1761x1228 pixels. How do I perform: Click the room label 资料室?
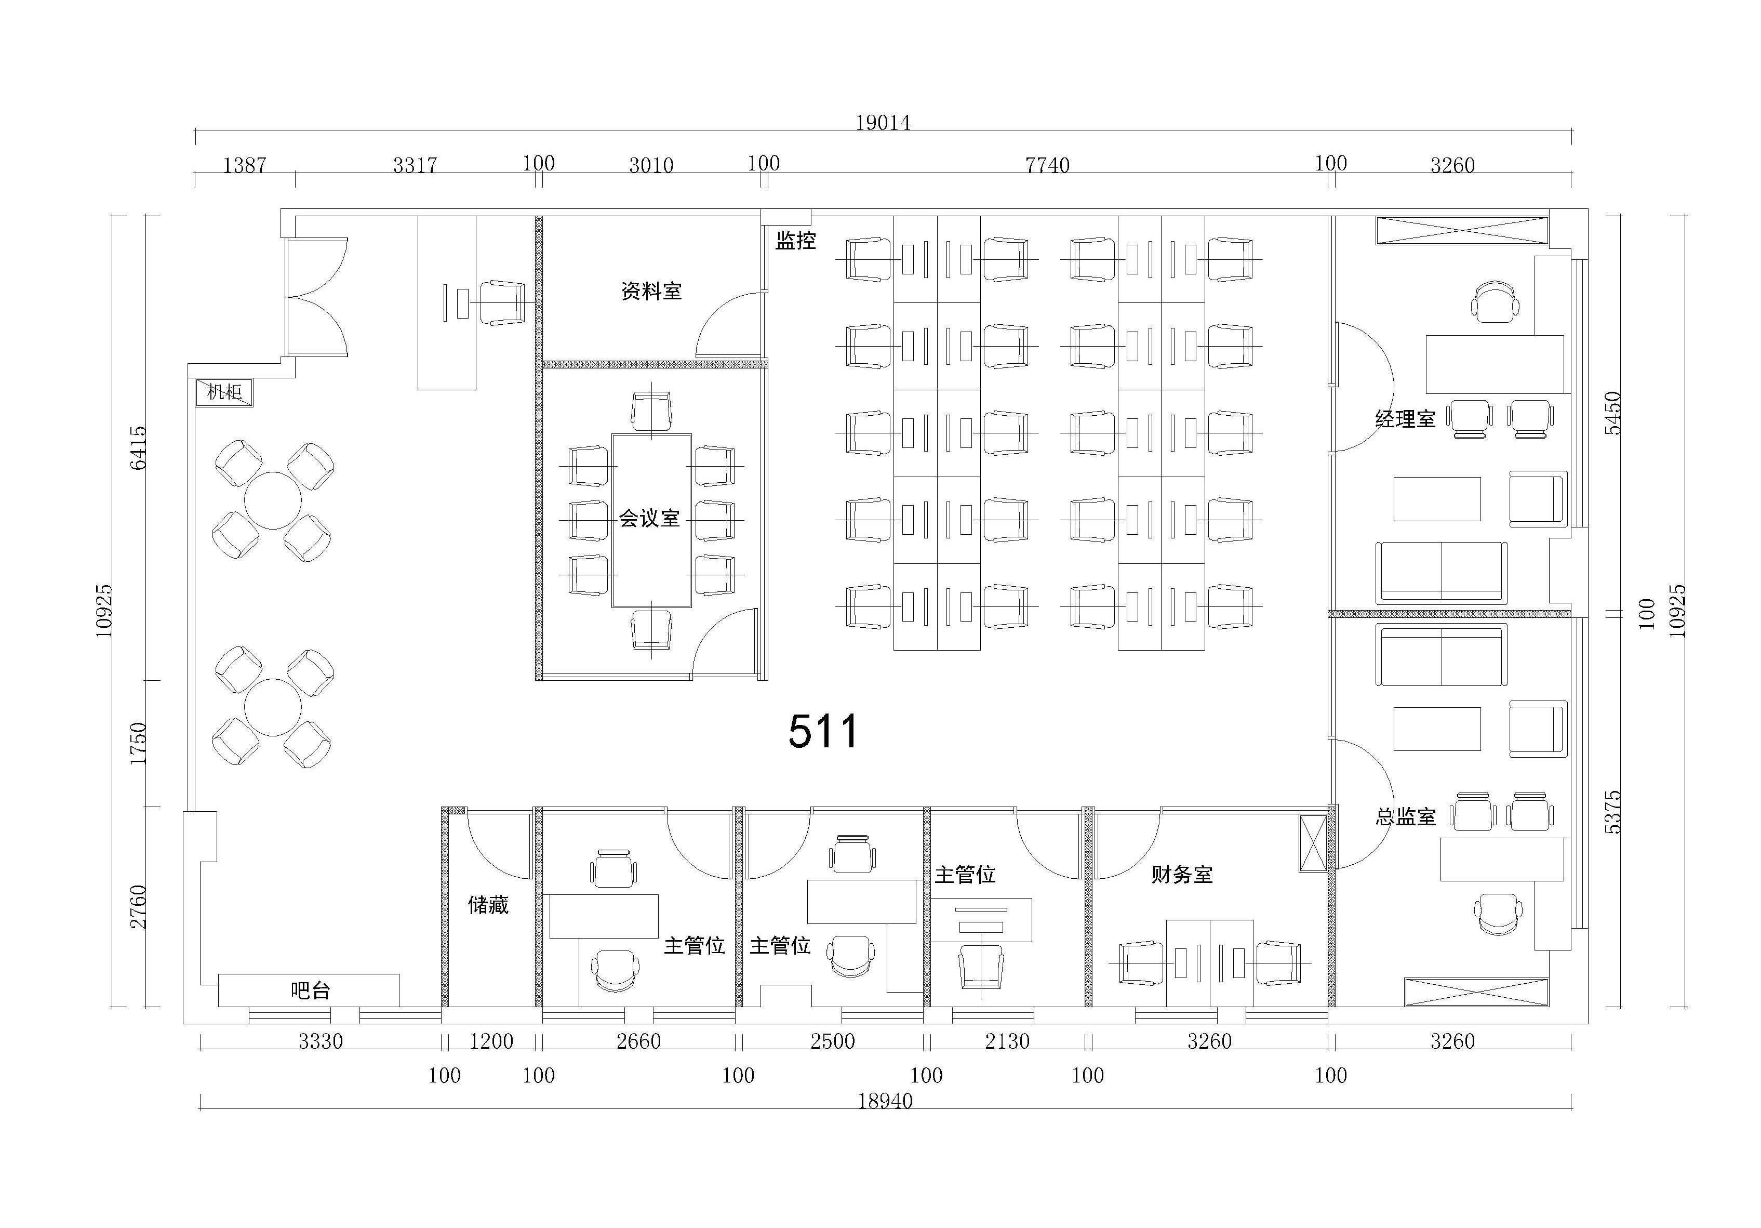point(651,292)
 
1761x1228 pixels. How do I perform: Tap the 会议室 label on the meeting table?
point(650,519)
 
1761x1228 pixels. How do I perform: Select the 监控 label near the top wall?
point(795,241)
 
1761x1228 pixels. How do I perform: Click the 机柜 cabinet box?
point(224,392)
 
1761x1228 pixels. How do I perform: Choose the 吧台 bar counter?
point(309,990)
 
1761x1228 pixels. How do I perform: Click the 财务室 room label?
point(1182,874)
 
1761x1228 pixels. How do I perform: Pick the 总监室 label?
point(1405,816)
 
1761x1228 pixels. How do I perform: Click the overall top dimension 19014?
point(883,123)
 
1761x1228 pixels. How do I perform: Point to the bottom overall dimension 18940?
point(885,1101)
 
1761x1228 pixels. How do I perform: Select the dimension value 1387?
point(245,165)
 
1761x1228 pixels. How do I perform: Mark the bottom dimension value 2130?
point(1007,1041)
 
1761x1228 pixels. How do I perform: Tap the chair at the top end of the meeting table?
point(652,412)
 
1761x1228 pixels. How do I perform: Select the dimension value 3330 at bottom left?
point(321,1041)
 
